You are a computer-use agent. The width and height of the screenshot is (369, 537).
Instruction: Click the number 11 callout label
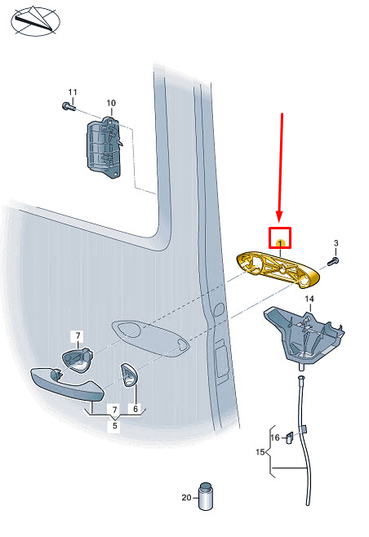click(73, 92)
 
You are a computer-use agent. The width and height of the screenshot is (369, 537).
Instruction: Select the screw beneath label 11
click(69, 107)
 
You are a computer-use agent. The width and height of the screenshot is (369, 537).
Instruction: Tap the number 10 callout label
click(111, 103)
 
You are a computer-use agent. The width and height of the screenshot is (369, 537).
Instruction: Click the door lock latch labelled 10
click(104, 147)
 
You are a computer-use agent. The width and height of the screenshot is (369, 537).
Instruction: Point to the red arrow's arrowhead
click(279, 216)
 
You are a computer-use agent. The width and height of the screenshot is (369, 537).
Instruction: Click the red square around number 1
click(280, 237)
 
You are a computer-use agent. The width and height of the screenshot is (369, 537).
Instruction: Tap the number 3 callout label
click(336, 243)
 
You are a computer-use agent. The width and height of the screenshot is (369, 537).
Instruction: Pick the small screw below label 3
click(333, 262)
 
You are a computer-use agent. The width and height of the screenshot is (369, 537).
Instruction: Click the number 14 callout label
click(309, 299)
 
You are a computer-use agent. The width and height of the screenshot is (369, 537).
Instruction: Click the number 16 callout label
click(275, 437)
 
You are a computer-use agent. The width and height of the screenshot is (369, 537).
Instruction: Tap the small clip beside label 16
click(290, 437)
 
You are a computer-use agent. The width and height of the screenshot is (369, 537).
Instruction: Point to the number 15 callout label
click(260, 452)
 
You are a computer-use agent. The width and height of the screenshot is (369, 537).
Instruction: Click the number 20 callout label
click(186, 497)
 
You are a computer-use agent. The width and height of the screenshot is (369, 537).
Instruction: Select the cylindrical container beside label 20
click(206, 496)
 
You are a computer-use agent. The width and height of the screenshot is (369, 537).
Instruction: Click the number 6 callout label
click(136, 409)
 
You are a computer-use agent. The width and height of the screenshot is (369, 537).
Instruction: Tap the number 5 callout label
click(115, 426)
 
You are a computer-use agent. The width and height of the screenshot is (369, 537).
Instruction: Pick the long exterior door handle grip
click(67, 384)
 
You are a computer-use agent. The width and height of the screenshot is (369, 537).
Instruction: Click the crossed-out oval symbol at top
click(36, 21)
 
